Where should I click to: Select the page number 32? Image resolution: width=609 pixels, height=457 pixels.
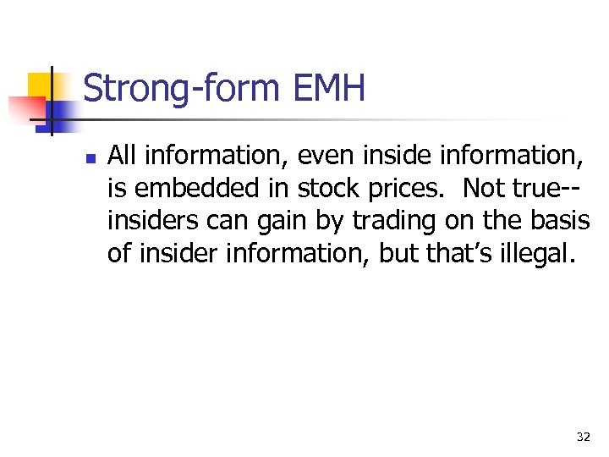[x=583, y=437]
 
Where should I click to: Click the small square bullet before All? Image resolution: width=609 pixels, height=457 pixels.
[x=90, y=157]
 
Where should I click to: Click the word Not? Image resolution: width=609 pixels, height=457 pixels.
[x=485, y=188]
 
